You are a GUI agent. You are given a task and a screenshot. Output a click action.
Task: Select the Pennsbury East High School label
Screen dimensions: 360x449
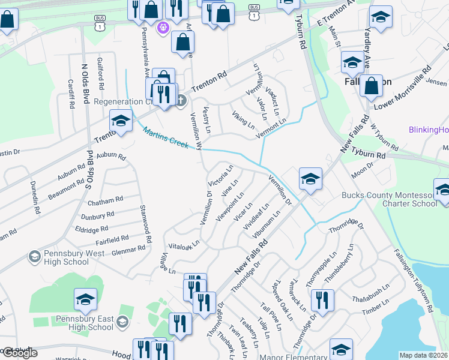pyautogui.click(x=84, y=323)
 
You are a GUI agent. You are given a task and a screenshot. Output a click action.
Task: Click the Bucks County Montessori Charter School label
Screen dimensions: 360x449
pyautogui.click(x=388, y=199)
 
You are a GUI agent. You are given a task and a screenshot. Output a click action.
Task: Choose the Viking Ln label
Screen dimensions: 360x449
pyautogui.click(x=243, y=119)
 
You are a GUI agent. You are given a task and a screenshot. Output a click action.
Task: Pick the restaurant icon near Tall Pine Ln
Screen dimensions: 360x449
pyautogui.click(x=323, y=302)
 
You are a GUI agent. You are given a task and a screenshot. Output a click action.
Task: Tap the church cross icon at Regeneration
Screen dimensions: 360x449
pyautogui.click(x=181, y=101)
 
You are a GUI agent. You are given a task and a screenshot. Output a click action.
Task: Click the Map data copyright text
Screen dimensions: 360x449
pyautogui.click(x=424, y=355)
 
